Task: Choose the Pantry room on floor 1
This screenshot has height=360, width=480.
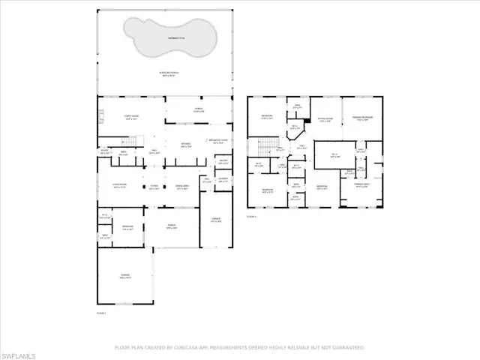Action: click(x=222, y=161)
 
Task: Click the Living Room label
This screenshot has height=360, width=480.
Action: click(x=118, y=186)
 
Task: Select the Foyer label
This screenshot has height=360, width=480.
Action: click(x=153, y=187)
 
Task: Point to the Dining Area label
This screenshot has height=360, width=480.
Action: click(x=181, y=187)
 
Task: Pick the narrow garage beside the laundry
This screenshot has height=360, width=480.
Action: click(x=215, y=220)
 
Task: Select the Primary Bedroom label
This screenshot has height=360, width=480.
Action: click(x=362, y=118)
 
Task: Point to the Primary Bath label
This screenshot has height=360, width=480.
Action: click(x=361, y=186)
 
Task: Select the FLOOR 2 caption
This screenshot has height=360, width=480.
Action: click(x=252, y=216)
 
